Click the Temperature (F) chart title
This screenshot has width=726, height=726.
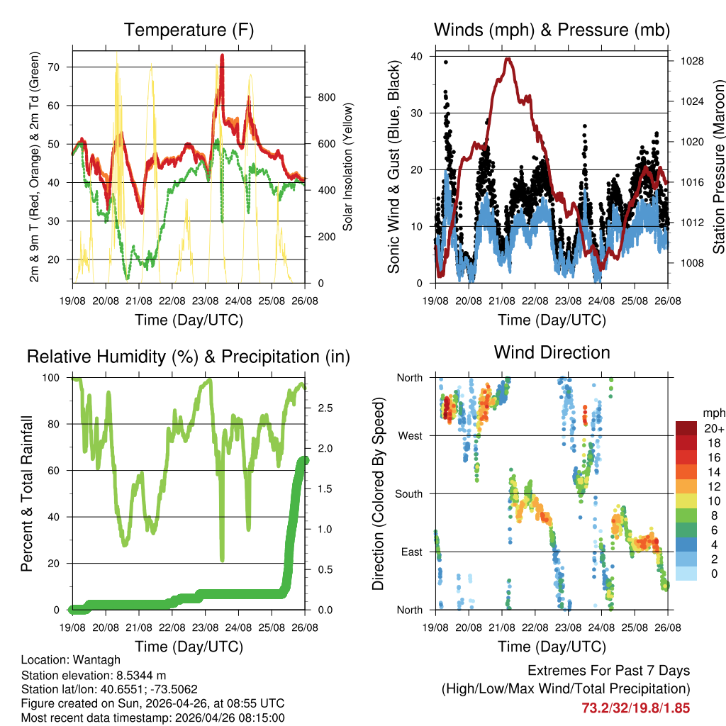click(x=189, y=30)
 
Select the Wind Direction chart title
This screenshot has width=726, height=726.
click(x=552, y=352)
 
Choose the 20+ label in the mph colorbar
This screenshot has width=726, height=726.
click(x=712, y=428)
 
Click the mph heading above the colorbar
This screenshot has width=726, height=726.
click(x=711, y=413)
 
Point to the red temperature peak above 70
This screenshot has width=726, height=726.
click(x=222, y=57)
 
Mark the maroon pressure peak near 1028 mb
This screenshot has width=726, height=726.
click(x=508, y=60)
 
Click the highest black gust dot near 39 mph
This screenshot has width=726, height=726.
click(x=446, y=62)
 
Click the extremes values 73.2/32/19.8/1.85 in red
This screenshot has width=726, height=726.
click(x=635, y=708)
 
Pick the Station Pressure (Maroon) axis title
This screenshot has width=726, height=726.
click(x=718, y=170)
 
